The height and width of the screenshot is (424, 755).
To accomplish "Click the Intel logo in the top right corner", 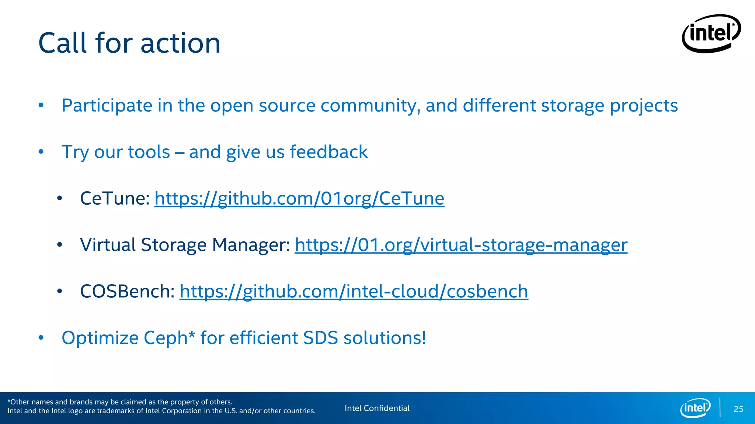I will click(x=711, y=33).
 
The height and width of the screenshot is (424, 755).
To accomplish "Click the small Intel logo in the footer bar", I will click(x=695, y=408).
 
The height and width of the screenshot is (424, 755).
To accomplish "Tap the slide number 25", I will click(x=738, y=409).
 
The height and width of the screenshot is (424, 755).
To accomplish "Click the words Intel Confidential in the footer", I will click(x=377, y=408).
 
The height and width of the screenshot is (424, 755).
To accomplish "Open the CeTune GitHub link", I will click(x=299, y=198).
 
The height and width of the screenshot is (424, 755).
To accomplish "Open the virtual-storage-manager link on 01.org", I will click(x=461, y=245).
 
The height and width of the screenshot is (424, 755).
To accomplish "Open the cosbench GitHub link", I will click(x=354, y=291).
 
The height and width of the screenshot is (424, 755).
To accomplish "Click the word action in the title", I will click(x=180, y=43).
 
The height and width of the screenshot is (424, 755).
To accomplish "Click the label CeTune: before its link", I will click(x=115, y=198).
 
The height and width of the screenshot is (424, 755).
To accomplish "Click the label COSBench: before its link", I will click(x=127, y=291).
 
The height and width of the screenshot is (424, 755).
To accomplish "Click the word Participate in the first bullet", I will click(x=107, y=106).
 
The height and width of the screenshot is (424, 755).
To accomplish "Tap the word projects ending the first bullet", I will click(x=644, y=106).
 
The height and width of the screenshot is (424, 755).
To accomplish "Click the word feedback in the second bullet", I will click(x=328, y=152).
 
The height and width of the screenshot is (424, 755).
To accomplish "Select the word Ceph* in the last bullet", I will click(x=169, y=338).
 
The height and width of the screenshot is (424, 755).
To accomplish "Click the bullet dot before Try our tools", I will click(x=41, y=152).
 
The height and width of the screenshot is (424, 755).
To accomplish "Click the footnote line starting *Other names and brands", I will click(x=120, y=402).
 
